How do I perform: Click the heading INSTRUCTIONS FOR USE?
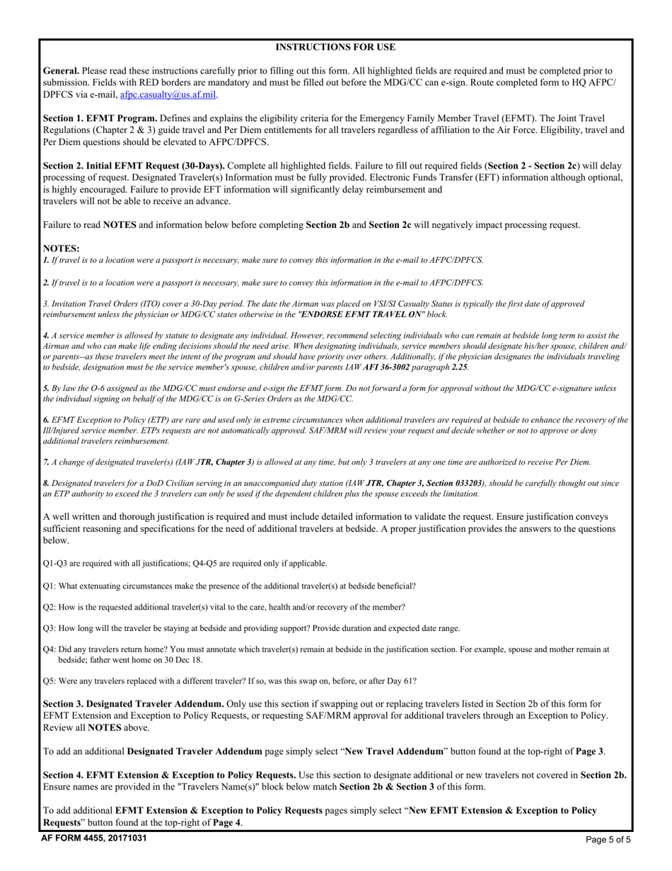click(335, 47)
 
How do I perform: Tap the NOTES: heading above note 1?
click(62, 249)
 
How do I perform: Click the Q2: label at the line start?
click(50, 607)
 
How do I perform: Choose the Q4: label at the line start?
click(50, 649)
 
